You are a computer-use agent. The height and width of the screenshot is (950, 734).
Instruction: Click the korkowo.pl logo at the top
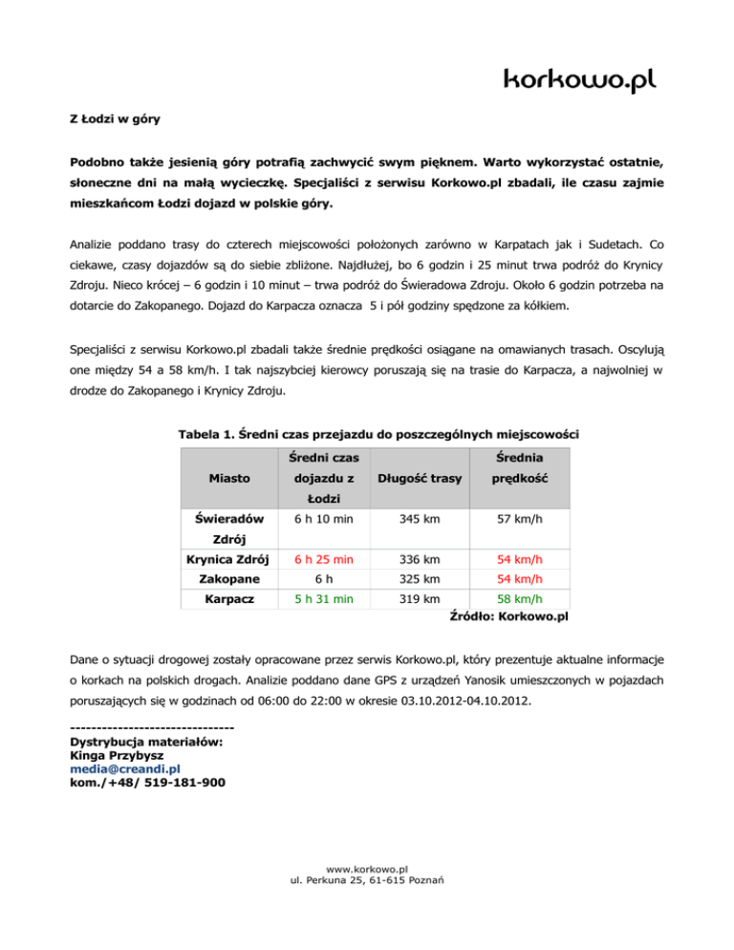click(580, 78)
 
